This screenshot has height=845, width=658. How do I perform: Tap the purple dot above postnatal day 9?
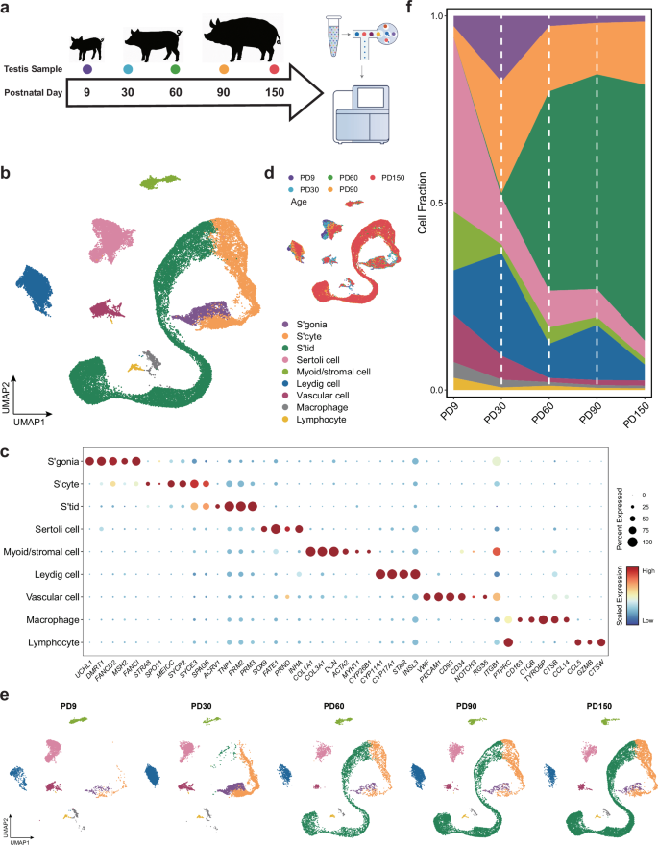(x=87, y=69)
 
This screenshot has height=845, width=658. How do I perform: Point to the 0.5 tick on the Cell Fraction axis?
(x=432, y=204)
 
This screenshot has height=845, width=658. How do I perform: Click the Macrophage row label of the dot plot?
(x=55, y=594)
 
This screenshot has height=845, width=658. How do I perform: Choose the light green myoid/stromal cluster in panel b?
(x=160, y=181)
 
